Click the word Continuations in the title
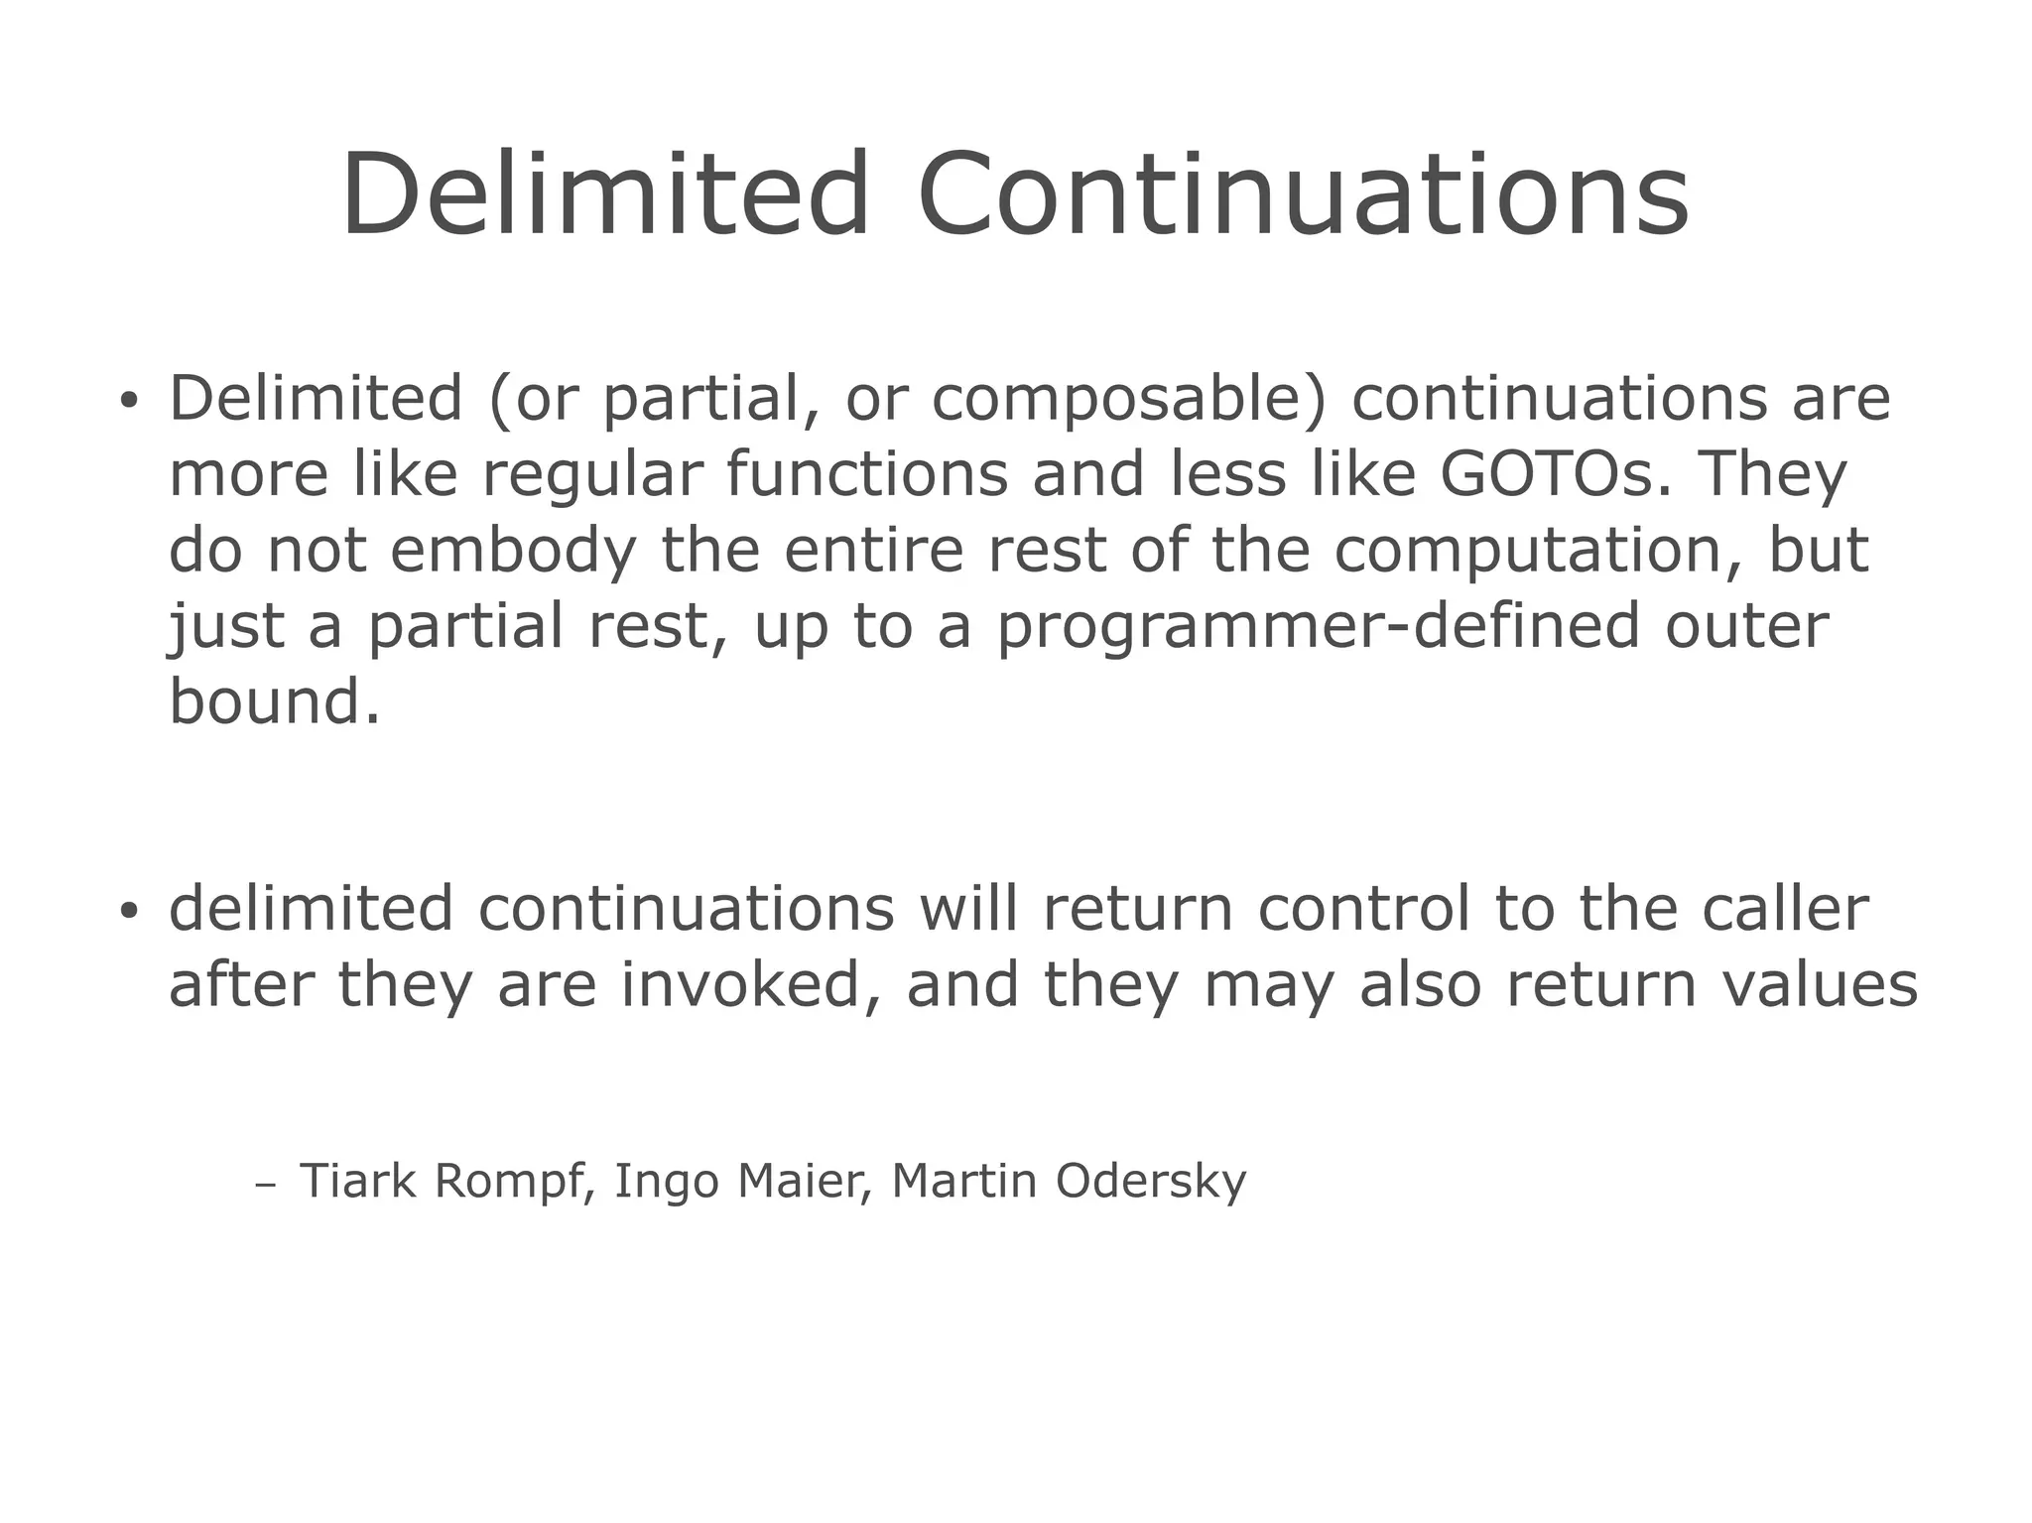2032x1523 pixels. pyautogui.click(x=1303, y=194)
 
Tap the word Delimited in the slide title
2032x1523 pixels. pyautogui.click(x=605, y=194)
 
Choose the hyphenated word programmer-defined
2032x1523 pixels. pyautogui.click(x=1318, y=627)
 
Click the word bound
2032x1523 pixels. pyautogui.click(x=274, y=701)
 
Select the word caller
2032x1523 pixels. pyautogui.click(x=1785, y=909)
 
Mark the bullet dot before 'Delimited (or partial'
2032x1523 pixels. pyautogui.click(x=127, y=402)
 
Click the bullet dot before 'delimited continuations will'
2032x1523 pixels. pyautogui.click(x=127, y=912)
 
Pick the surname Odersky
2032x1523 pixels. pyautogui.click(x=1150, y=1182)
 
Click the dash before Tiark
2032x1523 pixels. pyautogui.click(x=264, y=1185)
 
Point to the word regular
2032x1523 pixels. pyautogui.click(x=592, y=474)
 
